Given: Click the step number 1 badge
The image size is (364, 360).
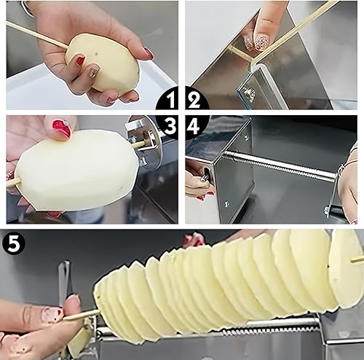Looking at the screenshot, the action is [x=167, y=100].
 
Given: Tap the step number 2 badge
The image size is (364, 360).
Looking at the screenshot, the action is [x=196, y=100].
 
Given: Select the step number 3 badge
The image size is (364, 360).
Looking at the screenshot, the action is [x=170, y=126].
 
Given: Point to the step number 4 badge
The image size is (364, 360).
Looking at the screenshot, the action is [x=196, y=126].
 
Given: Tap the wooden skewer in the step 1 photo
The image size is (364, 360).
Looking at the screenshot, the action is [x=36, y=34].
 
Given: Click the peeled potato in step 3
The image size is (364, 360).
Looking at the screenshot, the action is [x=75, y=170].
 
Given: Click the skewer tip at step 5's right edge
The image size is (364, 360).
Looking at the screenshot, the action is [x=357, y=260].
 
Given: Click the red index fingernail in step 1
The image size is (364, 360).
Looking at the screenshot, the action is [x=80, y=60].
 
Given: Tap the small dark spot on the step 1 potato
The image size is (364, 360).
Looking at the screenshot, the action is [x=97, y=53].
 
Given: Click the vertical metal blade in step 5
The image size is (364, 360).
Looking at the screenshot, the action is [x=63, y=282].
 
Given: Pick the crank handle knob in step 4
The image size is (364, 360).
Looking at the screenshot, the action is [x=205, y=178].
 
